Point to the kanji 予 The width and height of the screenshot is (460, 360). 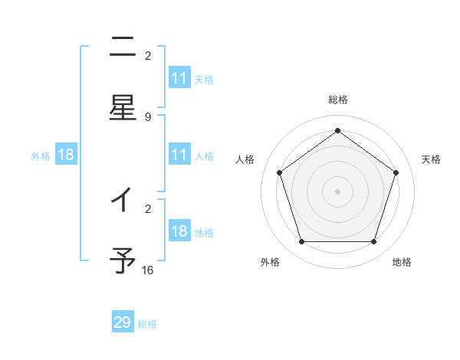[x=123, y=260]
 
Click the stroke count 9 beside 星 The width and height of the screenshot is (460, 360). [x=148, y=116]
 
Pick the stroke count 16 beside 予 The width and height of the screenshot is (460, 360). [x=148, y=270]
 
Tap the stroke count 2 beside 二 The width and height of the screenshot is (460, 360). [x=148, y=55]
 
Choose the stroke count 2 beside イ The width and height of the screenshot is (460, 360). [x=148, y=208]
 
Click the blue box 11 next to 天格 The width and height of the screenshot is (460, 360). [x=179, y=78]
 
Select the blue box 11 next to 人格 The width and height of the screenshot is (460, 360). [x=179, y=155]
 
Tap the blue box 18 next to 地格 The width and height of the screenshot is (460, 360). [x=179, y=232]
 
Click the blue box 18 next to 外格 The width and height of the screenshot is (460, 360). [x=66, y=155]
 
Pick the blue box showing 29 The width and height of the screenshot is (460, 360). [x=123, y=322]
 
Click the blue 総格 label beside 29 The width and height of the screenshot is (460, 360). [x=147, y=324]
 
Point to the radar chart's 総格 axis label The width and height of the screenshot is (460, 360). [x=337, y=100]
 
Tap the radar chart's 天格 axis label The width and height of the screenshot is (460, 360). [x=431, y=159]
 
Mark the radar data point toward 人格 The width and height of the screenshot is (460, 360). [x=280, y=172]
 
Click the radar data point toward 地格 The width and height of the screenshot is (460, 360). [x=373, y=241]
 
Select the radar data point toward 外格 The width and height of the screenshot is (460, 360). [x=301, y=241]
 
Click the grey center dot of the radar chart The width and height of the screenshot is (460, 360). [x=337, y=191]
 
